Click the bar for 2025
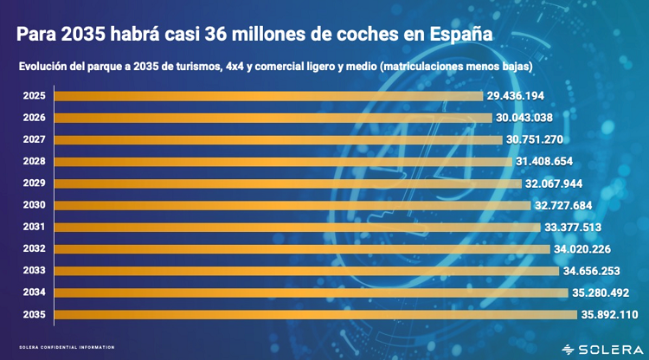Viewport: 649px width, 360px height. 268,95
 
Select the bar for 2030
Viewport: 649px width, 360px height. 292,205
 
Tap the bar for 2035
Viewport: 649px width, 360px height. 316,314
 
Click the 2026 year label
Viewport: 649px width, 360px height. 34,118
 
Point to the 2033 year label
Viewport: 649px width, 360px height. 34,271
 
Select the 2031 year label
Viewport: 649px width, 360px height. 34,227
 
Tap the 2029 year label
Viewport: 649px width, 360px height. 34,183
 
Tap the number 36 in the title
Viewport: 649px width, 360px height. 215,35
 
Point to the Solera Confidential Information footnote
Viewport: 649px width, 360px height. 67,348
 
